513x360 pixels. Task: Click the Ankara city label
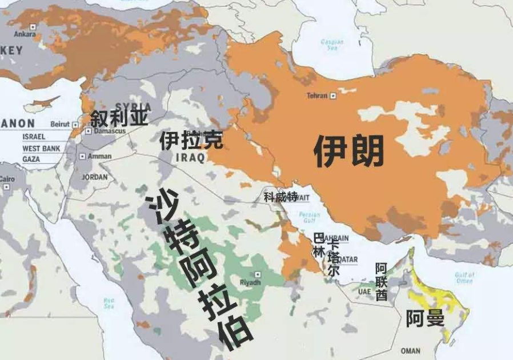25,34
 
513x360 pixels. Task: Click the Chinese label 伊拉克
191,139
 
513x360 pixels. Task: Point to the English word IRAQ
190,158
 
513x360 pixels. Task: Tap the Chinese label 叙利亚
119,118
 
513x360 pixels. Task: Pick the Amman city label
99,157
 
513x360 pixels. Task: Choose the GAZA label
31,159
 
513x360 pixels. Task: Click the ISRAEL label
34,137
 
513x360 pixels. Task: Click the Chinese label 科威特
280,197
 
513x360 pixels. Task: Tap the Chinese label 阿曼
425,319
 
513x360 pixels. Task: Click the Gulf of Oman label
464,278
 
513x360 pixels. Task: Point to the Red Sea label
109,302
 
